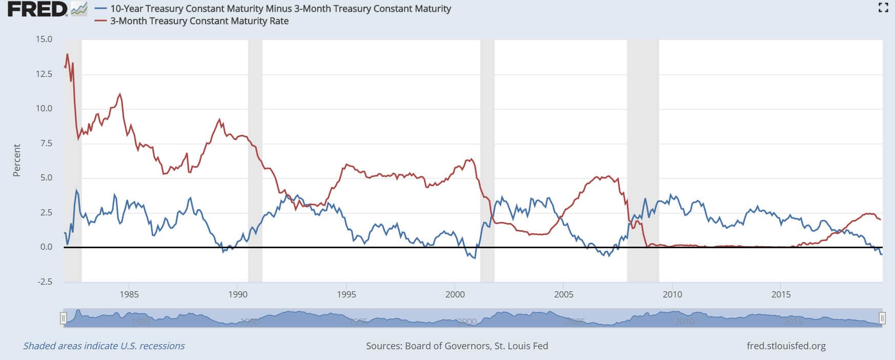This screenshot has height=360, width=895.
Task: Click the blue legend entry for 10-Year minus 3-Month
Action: click(x=280, y=9)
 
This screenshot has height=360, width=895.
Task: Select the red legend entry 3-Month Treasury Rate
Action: click(x=199, y=21)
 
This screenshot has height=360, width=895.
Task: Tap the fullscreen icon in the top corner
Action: click(x=883, y=7)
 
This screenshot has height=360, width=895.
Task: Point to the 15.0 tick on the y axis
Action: click(x=44, y=39)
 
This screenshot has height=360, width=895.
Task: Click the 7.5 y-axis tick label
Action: click(x=44, y=143)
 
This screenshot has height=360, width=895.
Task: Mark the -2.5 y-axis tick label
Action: click(x=44, y=282)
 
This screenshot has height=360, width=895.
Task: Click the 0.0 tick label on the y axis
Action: click(x=46, y=247)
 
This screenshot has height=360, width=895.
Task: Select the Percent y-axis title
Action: click(x=17, y=160)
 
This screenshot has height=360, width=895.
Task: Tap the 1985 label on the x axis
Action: click(x=129, y=294)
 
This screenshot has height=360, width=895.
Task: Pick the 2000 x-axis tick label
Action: click(x=455, y=294)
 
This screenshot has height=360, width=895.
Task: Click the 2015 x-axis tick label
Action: click(x=781, y=294)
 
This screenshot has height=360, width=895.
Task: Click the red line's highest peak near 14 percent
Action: click(x=67, y=54)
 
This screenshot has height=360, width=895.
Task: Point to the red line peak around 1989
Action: click(x=220, y=119)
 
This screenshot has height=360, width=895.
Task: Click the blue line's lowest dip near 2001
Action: click(x=475, y=257)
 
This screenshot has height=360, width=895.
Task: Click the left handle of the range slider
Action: click(x=64, y=318)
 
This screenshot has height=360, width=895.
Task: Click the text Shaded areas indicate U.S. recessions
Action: click(x=104, y=346)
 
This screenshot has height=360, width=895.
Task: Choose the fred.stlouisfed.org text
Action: click(x=786, y=346)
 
